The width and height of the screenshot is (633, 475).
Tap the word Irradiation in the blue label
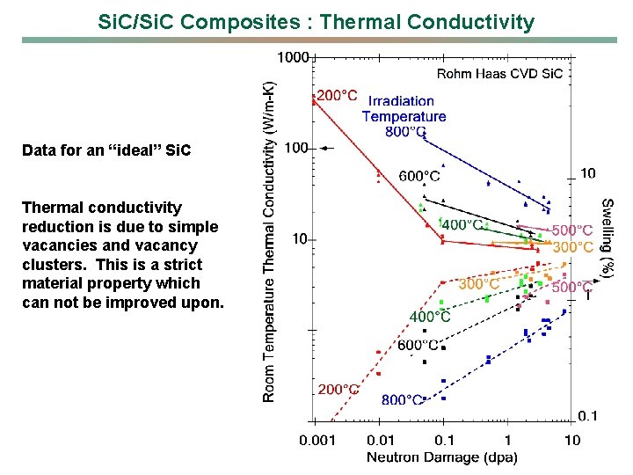click(401, 101)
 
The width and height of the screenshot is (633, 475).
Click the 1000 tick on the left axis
click(293, 58)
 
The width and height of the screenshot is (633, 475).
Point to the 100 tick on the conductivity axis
click(296, 149)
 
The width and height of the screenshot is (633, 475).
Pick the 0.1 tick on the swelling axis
click(588, 416)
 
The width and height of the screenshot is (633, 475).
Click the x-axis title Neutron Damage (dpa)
click(441, 457)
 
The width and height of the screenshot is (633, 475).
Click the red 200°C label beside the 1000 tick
click(337, 96)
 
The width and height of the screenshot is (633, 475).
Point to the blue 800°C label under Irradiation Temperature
click(405, 132)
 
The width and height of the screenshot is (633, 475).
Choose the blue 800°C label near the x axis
click(402, 400)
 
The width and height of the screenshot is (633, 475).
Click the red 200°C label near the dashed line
click(338, 388)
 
